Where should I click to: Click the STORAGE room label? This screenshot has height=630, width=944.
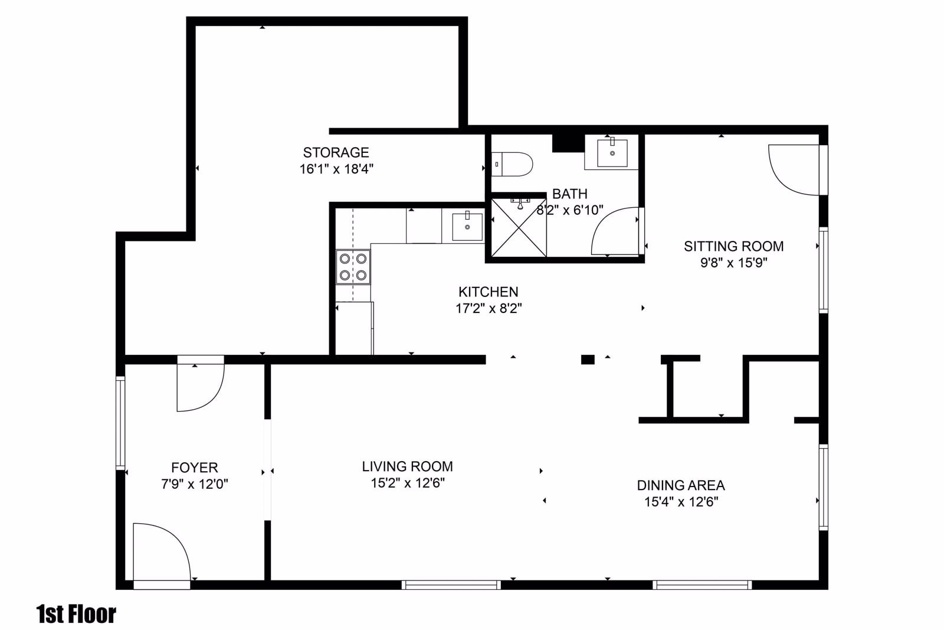336,152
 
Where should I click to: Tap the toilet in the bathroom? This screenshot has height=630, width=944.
513,163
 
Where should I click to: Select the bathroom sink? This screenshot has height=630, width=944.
612,152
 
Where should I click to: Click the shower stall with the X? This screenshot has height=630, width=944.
519,228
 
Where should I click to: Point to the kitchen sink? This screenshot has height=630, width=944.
467,226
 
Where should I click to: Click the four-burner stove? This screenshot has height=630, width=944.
353,267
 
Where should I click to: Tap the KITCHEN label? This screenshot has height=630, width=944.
488,292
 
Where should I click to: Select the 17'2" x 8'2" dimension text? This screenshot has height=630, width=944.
488,308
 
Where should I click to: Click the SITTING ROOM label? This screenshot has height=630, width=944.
733,246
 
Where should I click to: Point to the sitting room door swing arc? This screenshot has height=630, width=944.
794,171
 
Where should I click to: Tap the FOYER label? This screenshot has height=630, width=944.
194,468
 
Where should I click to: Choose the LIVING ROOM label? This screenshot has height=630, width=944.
407,466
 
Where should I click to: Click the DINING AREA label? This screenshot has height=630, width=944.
680,485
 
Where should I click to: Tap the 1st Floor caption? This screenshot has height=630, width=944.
76,614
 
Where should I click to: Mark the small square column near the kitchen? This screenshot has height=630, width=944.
588,359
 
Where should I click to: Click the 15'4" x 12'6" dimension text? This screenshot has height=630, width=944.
680,502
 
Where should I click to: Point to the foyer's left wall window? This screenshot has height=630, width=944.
120,423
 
